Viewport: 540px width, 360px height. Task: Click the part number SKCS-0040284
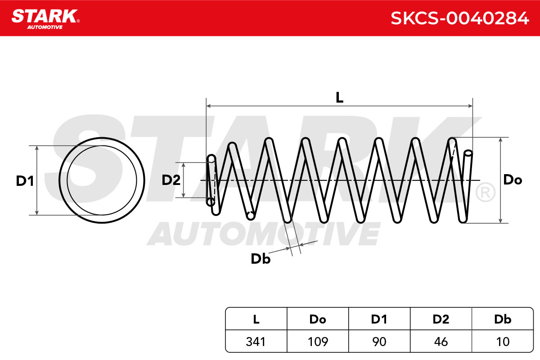pyautogui.click(x=460, y=18)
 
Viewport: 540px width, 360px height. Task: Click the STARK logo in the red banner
pyautogui.click(x=45, y=19)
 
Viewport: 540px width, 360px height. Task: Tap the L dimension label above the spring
pyautogui.click(x=339, y=97)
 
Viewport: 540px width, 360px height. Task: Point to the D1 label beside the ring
pyautogui.click(x=25, y=181)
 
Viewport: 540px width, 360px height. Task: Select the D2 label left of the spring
pyautogui.click(x=171, y=180)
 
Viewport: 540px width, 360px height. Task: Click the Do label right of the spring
pyautogui.click(x=513, y=180)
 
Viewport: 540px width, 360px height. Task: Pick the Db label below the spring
pyautogui.click(x=261, y=259)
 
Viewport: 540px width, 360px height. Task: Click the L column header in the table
pyautogui.click(x=256, y=319)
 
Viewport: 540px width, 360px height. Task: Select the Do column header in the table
pyautogui.click(x=318, y=319)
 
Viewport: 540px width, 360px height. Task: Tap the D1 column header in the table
pyautogui.click(x=379, y=319)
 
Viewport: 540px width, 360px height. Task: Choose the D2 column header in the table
pyautogui.click(x=441, y=319)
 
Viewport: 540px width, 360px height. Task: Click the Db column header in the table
pyautogui.click(x=503, y=319)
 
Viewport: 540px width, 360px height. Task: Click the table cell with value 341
pyautogui.click(x=256, y=342)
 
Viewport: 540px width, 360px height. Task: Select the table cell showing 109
pyautogui.click(x=318, y=342)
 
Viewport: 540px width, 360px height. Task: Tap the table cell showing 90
pyautogui.click(x=379, y=342)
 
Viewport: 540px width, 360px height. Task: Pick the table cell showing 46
pyautogui.click(x=441, y=342)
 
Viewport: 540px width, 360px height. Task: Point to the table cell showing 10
pyautogui.click(x=503, y=342)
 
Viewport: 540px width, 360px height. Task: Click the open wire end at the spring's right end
pyautogui.click(x=468, y=153)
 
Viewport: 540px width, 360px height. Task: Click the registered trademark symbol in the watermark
pyautogui.click(x=485, y=193)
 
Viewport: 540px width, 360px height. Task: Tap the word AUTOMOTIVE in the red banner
pyautogui.click(x=45, y=27)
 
